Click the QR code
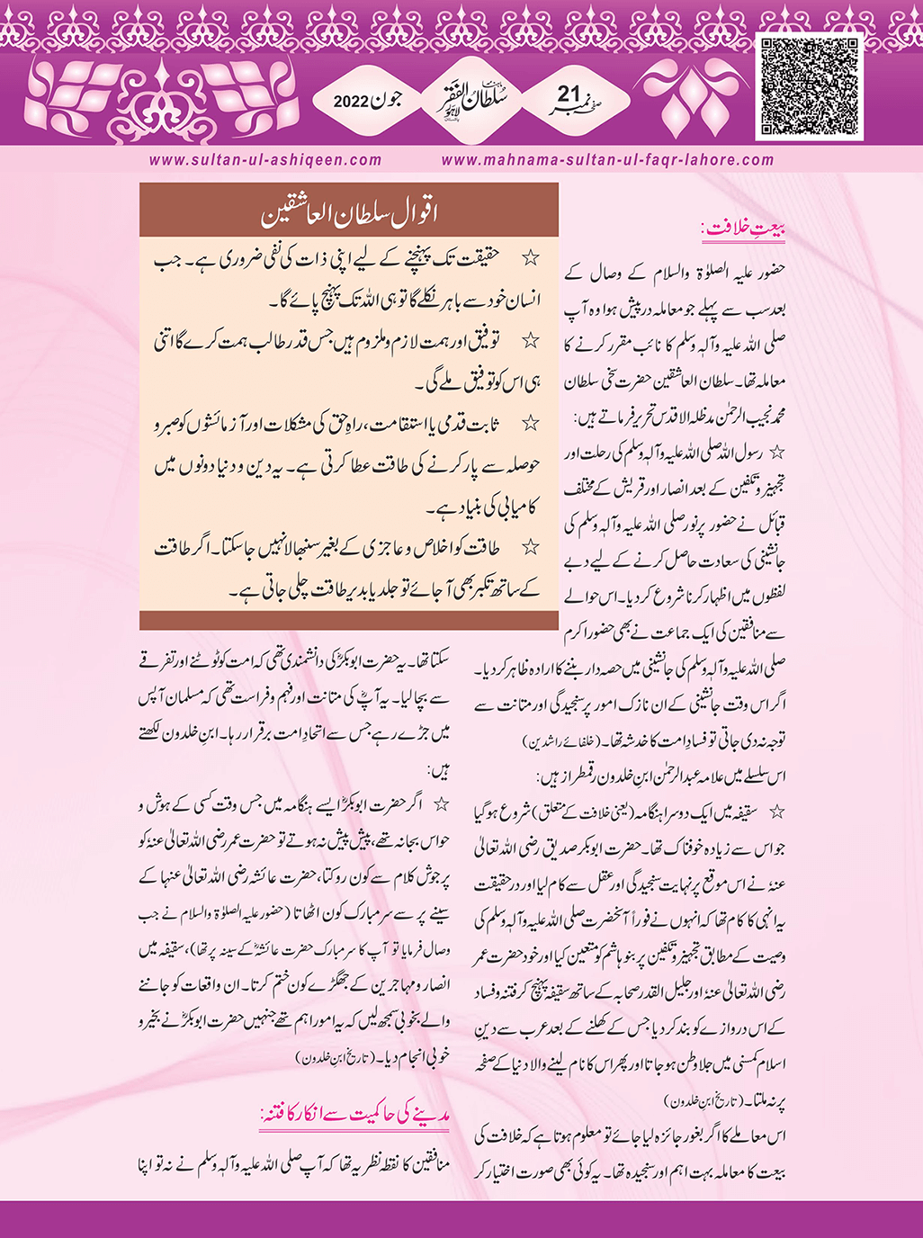pyautogui.click(x=811, y=87)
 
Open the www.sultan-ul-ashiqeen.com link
pyautogui.click(x=265, y=160)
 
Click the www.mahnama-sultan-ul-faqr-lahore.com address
pyautogui.click(x=608, y=160)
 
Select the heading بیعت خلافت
pyautogui.click(x=744, y=230)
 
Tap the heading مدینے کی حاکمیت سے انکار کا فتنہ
pyautogui.click(x=354, y=1117)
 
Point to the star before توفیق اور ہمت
pyautogui.click(x=532, y=339)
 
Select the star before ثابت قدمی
pyautogui.click(x=532, y=422)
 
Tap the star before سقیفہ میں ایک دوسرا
pyautogui.click(x=777, y=812)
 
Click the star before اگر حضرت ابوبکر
pyautogui.click(x=441, y=802)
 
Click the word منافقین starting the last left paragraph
pyautogui.click(x=428, y=1168)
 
